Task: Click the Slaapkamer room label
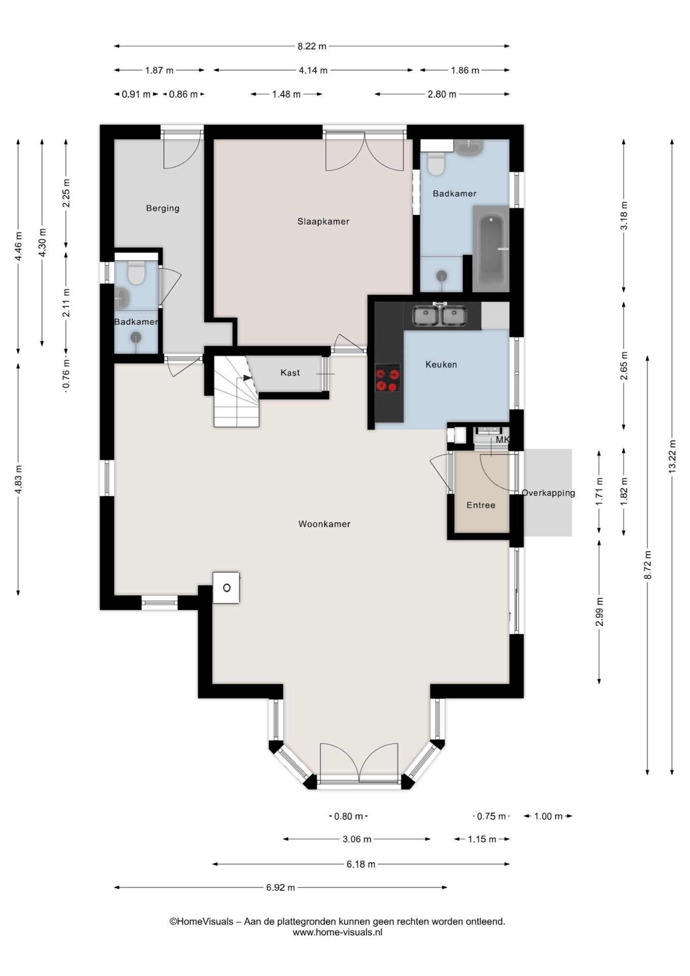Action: (323, 222)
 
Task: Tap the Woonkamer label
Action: (324, 524)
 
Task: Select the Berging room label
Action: (163, 208)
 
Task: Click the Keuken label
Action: (441, 364)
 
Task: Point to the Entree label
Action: (481, 505)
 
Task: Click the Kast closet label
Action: (290, 373)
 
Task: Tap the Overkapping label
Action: (548, 493)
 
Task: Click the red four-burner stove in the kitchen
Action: (387, 379)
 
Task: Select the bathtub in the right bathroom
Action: (491, 249)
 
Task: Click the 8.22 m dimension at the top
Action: (312, 46)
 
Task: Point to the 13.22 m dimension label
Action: (672, 456)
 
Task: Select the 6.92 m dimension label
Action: (280, 888)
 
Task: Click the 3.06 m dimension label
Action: (357, 839)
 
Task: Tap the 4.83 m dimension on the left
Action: (18, 479)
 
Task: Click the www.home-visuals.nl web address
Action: (337, 932)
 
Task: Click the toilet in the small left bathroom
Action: (136, 272)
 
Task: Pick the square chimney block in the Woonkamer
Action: (226, 588)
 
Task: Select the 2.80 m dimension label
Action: (442, 94)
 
